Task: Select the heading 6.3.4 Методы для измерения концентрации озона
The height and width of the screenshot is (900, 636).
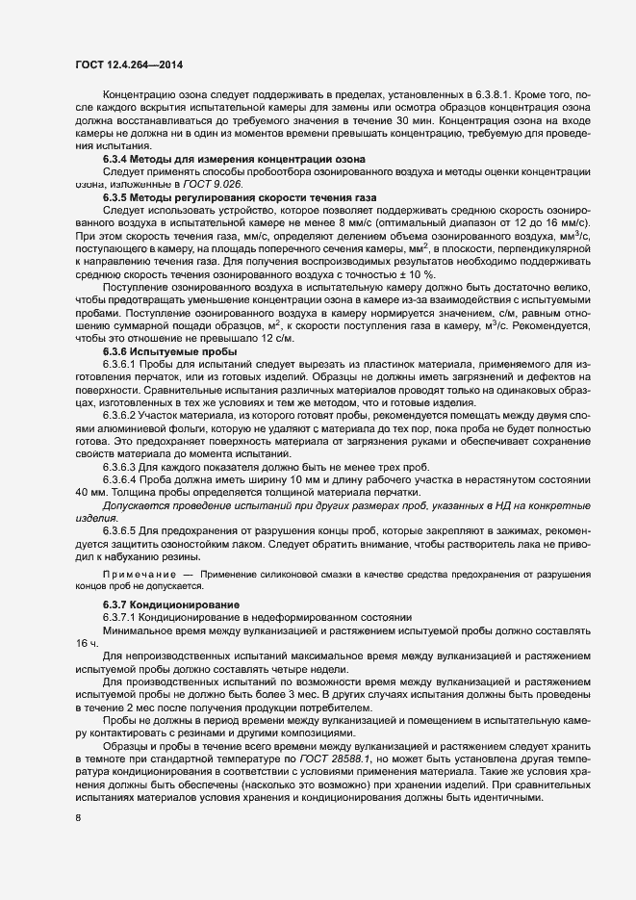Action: pos(227,158)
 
